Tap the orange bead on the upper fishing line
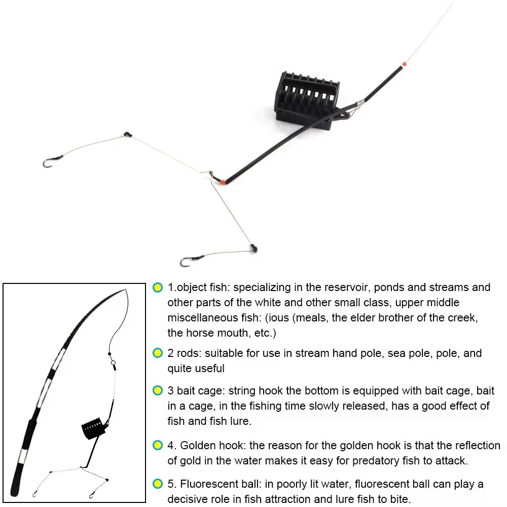click(x=404, y=64)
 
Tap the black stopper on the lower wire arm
click(x=253, y=248)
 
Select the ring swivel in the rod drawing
click(x=113, y=363)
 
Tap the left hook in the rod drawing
click(x=34, y=494)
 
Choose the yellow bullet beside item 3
click(x=158, y=391)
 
